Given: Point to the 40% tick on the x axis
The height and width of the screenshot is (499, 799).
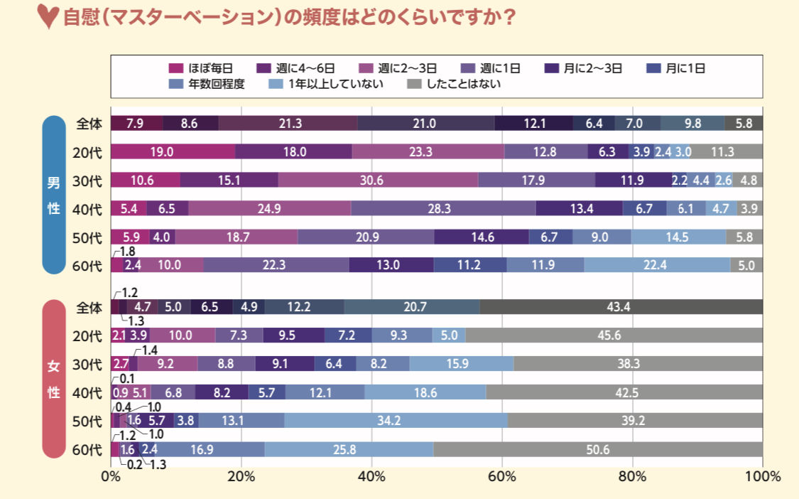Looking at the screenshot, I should point(371,476).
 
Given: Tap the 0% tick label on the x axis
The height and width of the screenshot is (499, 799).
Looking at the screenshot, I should point(111,476).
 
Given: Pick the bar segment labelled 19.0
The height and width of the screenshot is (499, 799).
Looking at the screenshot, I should point(173,151).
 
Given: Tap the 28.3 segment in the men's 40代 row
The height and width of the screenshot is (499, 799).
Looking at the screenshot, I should point(443,208).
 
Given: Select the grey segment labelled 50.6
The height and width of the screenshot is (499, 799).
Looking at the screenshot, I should point(598,449).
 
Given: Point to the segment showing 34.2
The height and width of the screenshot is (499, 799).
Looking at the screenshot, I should point(396,421).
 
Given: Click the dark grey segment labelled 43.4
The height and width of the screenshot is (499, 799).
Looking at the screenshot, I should point(621,306).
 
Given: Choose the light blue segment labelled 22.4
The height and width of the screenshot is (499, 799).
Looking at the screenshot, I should point(657,265).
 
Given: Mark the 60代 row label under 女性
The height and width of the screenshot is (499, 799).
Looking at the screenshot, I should point(89,449).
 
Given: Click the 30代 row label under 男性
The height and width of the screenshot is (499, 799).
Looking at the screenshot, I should point(87,180).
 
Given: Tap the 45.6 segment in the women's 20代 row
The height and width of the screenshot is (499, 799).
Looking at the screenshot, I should point(614,336).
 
